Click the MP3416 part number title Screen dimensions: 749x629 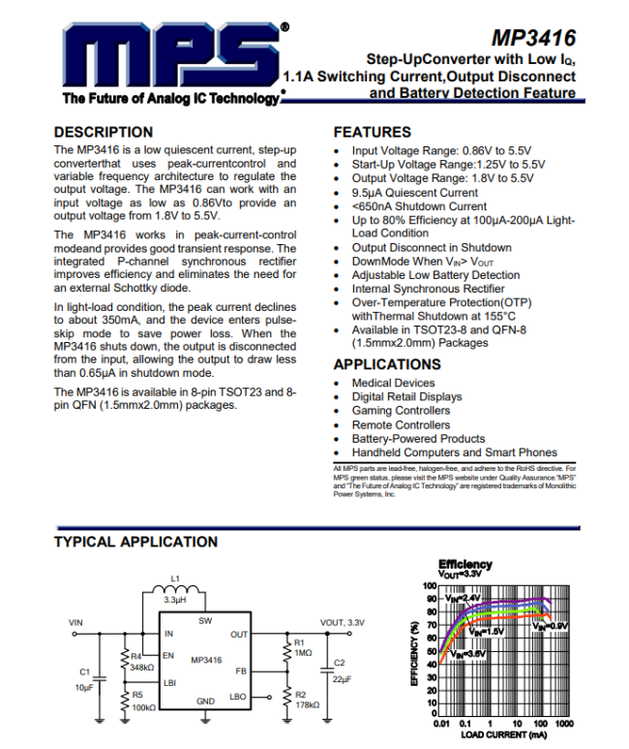533,38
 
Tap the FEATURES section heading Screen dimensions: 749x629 373,132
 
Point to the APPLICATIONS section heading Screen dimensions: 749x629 387,364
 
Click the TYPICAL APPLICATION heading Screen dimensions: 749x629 135,542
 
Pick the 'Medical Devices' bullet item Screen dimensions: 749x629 394,383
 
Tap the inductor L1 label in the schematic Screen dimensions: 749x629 174,579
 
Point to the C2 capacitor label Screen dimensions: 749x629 339,663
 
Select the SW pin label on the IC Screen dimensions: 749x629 205,620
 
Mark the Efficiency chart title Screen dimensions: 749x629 464,564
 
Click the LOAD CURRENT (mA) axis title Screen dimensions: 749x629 502,735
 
